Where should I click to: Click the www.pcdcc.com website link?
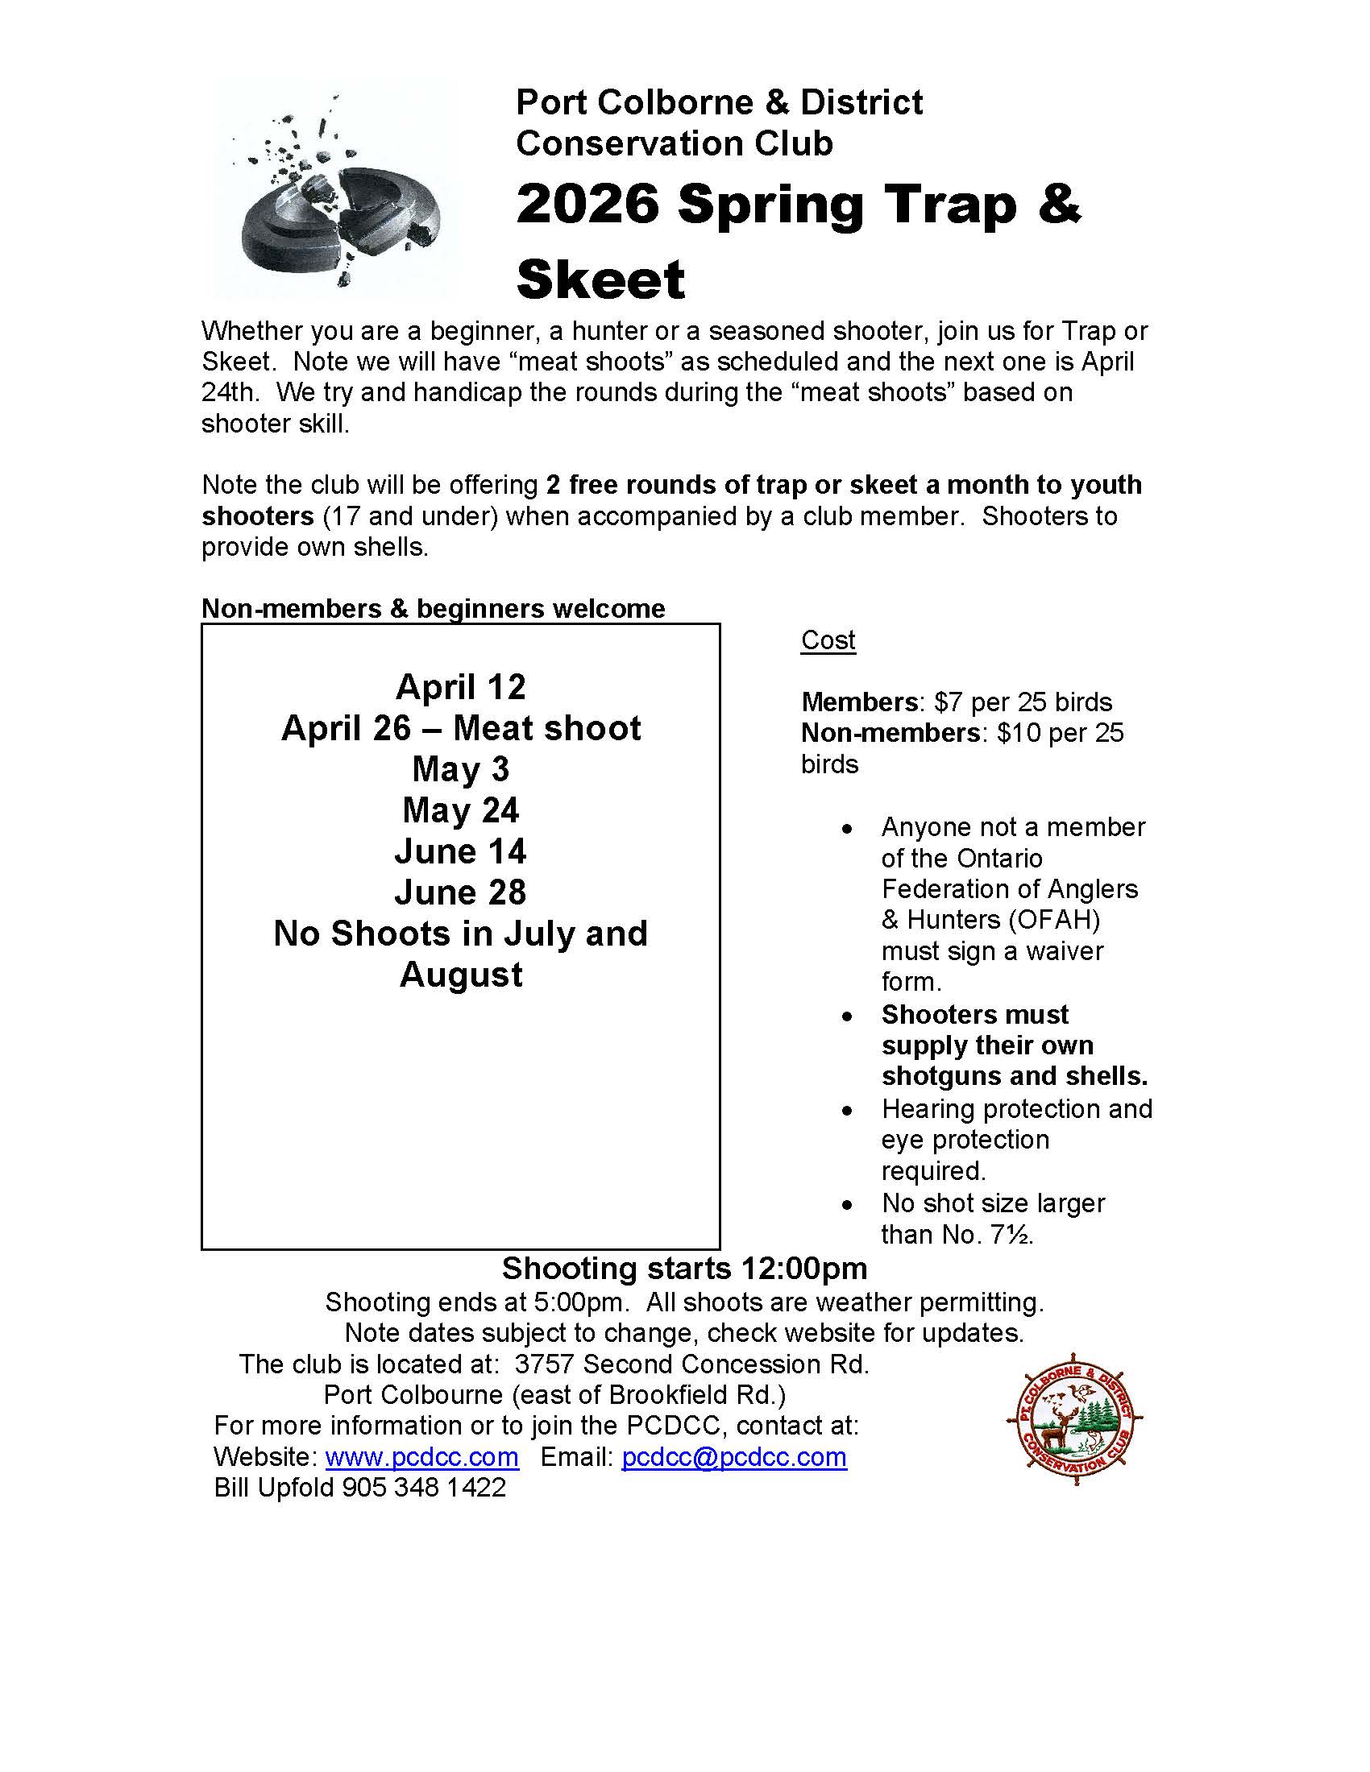[x=421, y=1456]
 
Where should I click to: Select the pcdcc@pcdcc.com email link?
[x=733, y=1456]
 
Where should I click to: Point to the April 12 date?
[x=460, y=687]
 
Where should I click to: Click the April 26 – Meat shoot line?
[x=460, y=728]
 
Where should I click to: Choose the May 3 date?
[x=460, y=769]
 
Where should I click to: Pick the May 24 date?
[x=460, y=809]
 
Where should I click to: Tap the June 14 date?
[x=460, y=851]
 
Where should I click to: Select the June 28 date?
[x=460, y=892]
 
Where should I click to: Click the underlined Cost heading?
[x=828, y=640]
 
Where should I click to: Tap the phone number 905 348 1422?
[x=424, y=1487]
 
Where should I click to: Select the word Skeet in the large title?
[x=600, y=280]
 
